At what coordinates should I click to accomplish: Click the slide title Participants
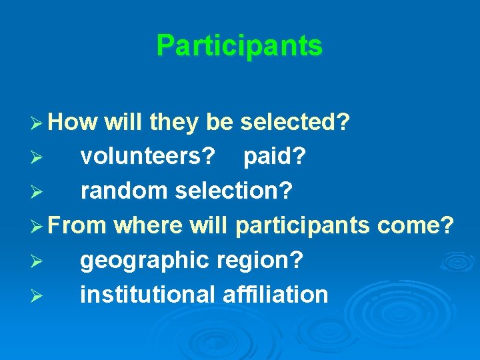[x=239, y=46]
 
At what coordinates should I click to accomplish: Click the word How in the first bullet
[x=73, y=122]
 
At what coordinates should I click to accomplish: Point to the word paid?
[x=275, y=157]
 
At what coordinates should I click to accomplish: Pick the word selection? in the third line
[x=233, y=191]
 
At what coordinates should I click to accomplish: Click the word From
[x=77, y=225]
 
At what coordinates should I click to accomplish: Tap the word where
[x=148, y=225]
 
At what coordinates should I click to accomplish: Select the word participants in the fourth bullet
[x=303, y=226]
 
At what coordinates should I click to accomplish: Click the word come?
[x=415, y=225]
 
